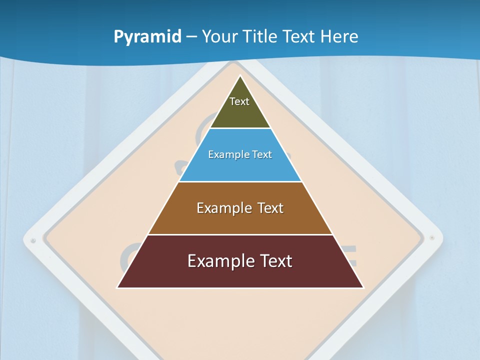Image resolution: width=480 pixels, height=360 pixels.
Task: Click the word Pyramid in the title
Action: point(147,37)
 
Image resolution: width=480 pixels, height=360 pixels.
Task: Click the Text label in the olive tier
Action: point(239,101)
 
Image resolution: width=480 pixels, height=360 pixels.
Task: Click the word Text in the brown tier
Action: point(270,208)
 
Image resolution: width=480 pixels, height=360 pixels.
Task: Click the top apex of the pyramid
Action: point(240,76)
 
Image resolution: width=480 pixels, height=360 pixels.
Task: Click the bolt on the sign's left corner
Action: point(33,240)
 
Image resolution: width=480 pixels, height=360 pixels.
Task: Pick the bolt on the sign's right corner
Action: point(432,237)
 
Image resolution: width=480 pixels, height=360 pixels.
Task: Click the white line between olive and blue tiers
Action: point(240,128)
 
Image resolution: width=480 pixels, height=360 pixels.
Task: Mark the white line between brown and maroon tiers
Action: point(240,234)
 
